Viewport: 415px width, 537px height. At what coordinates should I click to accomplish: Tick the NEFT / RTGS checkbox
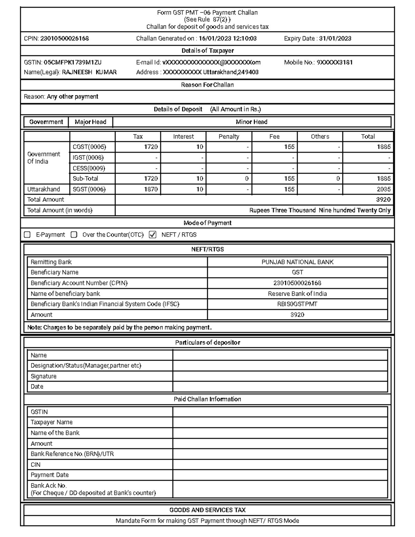153,235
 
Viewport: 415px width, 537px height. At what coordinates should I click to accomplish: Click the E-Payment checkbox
27,235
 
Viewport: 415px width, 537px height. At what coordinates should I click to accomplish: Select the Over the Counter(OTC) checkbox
74,235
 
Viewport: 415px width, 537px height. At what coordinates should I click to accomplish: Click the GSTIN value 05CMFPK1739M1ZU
73,63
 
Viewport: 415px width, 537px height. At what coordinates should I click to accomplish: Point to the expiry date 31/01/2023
335,39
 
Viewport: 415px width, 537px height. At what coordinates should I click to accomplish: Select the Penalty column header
229,137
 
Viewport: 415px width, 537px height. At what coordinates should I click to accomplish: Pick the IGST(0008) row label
88,158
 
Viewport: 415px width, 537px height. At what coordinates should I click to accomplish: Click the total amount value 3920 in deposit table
383,200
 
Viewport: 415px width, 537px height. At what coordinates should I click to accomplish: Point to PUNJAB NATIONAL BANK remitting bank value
297,262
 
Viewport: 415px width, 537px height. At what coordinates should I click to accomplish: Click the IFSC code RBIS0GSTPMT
297,304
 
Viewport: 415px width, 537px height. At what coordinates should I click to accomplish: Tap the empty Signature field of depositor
280,376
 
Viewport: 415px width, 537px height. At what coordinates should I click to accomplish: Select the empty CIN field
280,464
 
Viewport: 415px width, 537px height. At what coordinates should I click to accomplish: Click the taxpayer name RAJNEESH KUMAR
89,72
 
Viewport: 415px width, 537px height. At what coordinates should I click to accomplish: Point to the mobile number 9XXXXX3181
334,63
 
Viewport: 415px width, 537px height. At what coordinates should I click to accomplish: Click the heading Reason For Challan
207,85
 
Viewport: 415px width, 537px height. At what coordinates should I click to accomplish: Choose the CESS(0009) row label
89,168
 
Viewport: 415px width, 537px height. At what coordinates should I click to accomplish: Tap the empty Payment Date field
280,475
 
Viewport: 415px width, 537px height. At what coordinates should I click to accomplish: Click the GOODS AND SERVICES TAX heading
207,510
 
